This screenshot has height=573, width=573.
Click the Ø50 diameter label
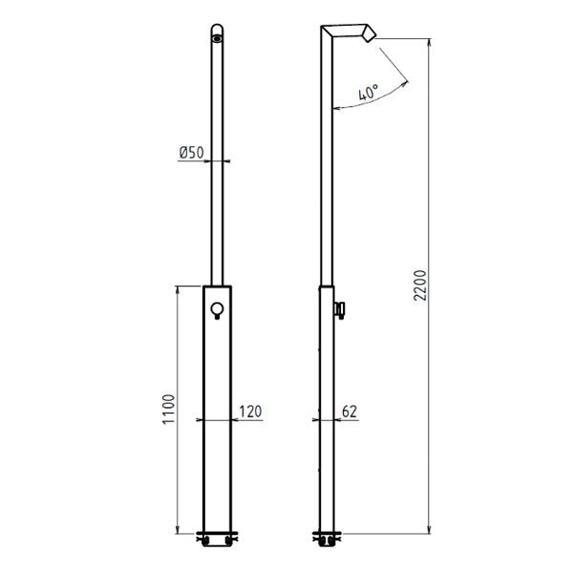point(191,152)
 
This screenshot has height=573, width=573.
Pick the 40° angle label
point(368,94)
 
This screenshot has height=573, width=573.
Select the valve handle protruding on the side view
point(338,308)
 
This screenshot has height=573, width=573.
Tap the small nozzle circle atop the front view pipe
point(218,39)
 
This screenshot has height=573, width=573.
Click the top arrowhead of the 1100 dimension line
point(178,289)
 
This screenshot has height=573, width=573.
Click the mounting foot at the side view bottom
point(327,540)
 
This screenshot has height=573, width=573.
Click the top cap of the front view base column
point(218,286)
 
